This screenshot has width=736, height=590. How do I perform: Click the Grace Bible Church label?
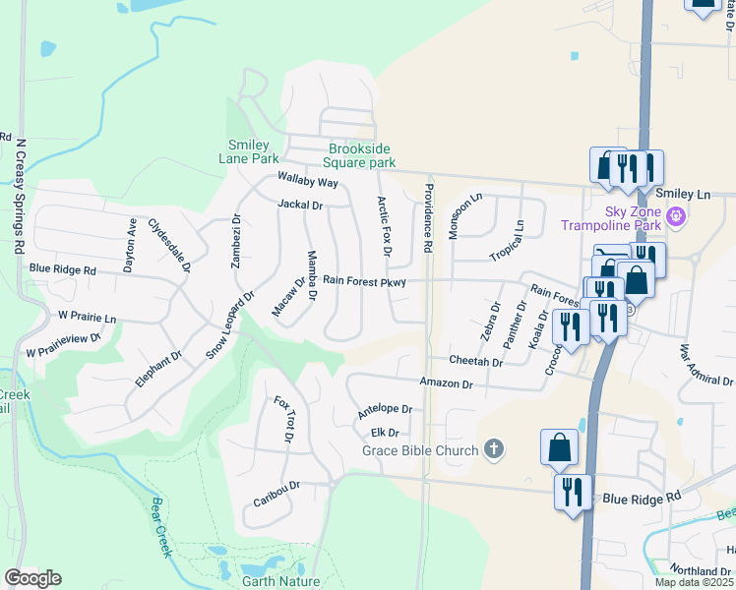tap(420, 450)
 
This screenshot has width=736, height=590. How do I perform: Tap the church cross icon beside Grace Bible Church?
tap(494, 450)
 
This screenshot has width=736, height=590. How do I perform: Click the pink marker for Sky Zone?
tap(675, 216)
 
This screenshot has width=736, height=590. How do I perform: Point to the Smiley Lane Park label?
tap(249, 151)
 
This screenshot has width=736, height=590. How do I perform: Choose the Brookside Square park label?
tap(362, 155)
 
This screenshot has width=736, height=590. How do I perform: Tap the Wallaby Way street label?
tap(307, 182)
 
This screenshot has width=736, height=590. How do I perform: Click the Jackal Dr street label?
tap(300, 206)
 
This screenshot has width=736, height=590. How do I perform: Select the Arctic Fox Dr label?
tap(385, 226)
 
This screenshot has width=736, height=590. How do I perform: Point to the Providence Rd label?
tap(428, 218)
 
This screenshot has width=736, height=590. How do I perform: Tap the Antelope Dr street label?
tap(384, 409)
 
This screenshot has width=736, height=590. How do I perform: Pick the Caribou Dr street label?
tap(276, 487)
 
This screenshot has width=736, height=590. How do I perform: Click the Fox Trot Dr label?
tap(283, 420)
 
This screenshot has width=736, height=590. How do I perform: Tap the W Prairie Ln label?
tap(87, 318)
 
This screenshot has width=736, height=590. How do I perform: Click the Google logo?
tap(32, 578)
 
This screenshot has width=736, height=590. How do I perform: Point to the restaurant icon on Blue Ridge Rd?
tap(570, 491)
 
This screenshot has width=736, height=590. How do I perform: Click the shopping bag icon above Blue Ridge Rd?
tap(559, 447)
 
